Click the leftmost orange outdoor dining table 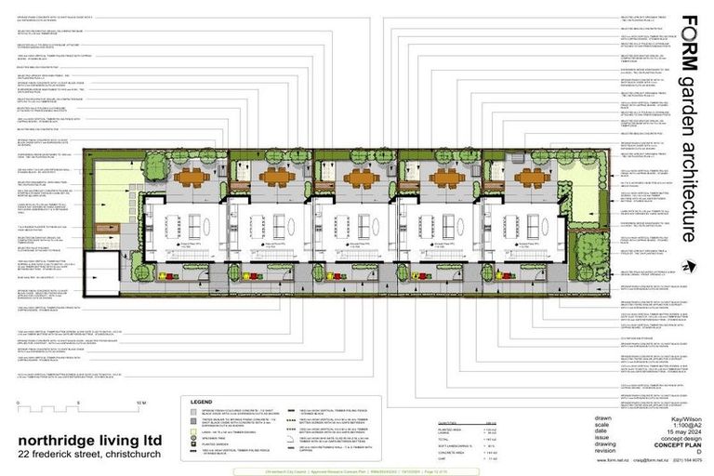(x=193, y=176)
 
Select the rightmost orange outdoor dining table (x=532, y=176)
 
